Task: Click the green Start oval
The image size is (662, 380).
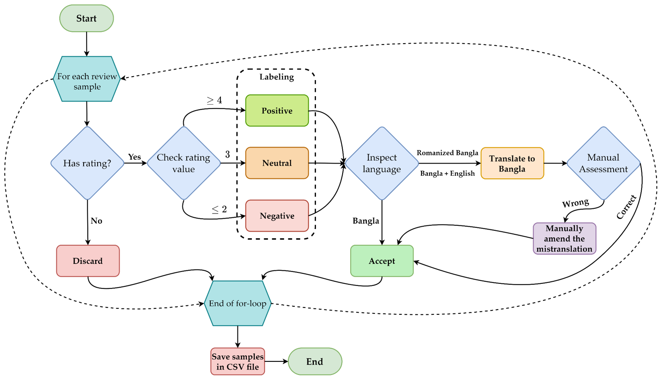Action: click(x=87, y=19)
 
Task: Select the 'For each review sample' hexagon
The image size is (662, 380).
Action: click(x=87, y=79)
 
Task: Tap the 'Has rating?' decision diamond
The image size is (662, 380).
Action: click(x=87, y=163)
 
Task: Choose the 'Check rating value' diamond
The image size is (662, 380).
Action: click(x=184, y=163)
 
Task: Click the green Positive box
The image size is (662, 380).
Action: click(x=277, y=111)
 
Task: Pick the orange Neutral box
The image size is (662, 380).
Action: click(x=277, y=163)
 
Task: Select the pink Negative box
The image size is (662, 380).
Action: click(x=277, y=216)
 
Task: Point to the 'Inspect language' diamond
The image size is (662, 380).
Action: click(x=382, y=163)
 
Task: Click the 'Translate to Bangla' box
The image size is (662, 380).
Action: click(x=512, y=164)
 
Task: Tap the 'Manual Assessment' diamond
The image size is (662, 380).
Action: click(x=603, y=163)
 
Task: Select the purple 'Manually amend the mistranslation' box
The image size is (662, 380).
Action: click(x=564, y=239)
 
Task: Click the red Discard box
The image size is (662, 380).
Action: click(x=88, y=261)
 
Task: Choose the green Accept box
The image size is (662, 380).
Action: click(x=382, y=261)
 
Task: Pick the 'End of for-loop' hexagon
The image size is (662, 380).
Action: click(x=237, y=303)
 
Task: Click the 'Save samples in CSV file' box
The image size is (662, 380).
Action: click(x=238, y=362)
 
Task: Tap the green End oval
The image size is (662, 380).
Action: click(x=315, y=362)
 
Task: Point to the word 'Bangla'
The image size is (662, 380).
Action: click(x=512, y=169)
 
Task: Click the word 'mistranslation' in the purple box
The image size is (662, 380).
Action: click(x=564, y=249)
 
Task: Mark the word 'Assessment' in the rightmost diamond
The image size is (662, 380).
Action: click(x=603, y=169)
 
